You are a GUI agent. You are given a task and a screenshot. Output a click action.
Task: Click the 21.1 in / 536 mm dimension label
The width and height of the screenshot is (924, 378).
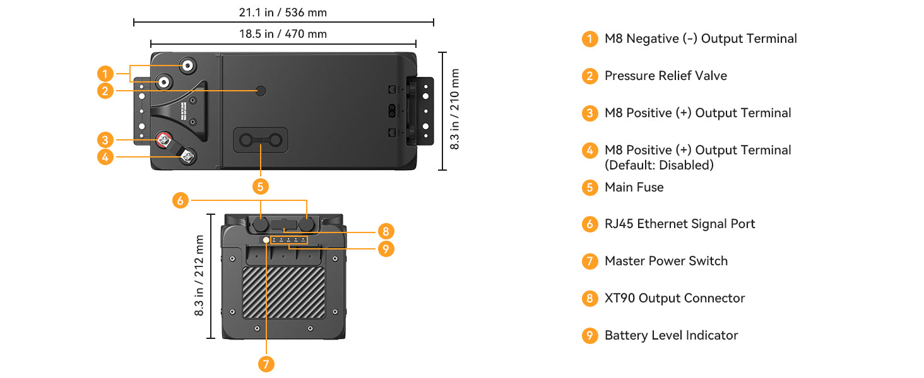[x=283, y=13]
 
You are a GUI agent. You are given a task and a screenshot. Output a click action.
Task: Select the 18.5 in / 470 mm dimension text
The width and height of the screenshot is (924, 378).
[x=283, y=34]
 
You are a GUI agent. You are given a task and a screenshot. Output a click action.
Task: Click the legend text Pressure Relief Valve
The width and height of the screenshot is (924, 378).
[x=665, y=76]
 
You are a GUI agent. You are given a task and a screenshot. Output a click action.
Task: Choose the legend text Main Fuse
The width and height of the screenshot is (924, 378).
[x=634, y=187]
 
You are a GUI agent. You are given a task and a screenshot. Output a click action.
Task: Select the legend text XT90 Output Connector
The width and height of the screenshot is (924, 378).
[x=674, y=298]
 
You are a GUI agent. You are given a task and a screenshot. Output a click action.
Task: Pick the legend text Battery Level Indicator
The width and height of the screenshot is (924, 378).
[x=671, y=335]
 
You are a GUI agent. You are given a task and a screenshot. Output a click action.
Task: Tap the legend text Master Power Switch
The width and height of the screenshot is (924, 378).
[x=666, y=261]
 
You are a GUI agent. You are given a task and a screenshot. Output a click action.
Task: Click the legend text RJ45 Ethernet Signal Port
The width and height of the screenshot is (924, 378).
[x=679, y=224]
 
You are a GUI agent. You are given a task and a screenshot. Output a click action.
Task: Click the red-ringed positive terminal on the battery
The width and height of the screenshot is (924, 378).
[x=165, y=139]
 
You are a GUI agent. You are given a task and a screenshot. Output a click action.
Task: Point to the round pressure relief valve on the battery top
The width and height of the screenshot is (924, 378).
[x=261, y=91]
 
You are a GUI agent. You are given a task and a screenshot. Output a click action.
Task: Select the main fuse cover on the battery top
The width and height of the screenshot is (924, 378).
[x=261, y=140]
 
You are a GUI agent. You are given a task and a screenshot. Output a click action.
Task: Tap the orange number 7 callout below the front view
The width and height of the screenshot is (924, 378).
[x=266, y=364]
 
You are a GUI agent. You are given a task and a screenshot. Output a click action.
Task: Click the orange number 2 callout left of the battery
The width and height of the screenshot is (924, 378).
[x=106, y=91]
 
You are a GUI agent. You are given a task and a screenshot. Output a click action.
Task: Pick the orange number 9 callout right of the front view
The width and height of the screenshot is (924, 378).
[x=386, y=249]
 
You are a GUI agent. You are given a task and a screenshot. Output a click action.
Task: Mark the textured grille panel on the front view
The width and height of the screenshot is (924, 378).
[x=284, y=292]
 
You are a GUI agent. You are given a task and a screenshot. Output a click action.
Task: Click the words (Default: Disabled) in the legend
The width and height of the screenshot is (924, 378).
[x=659, y=165]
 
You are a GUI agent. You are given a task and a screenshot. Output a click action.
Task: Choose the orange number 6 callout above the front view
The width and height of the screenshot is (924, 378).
[x=181, y=200]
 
